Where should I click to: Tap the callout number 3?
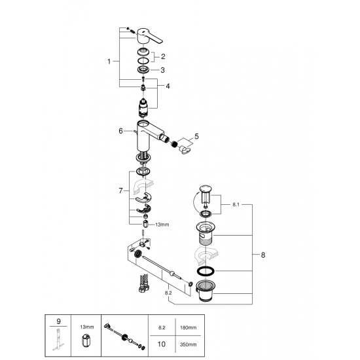point(163,69)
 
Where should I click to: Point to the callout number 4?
point(168,86)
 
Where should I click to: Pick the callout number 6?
point(120,131)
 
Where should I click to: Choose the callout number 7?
point(120,190)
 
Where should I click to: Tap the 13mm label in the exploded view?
point(162,224)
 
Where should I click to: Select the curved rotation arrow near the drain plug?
point(194,200)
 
